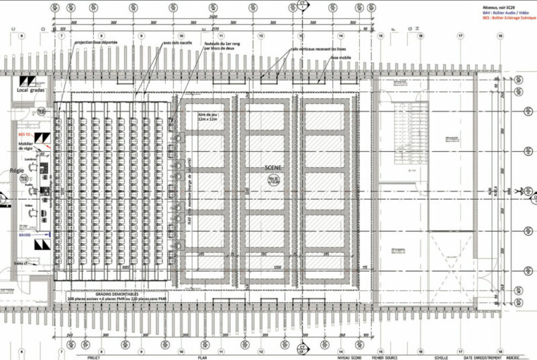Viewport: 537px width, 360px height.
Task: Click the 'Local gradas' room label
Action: click(32, 90)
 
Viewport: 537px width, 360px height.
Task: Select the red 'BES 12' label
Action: click(26, 134)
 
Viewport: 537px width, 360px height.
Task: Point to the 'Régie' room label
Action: click(17, 171)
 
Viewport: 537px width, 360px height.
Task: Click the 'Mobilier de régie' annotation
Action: click(27, 147)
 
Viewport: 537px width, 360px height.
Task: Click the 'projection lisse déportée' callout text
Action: click(97, 42)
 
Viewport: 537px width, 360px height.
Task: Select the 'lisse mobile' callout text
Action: click(341, 58)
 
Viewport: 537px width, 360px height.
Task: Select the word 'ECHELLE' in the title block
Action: click(440, 358)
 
